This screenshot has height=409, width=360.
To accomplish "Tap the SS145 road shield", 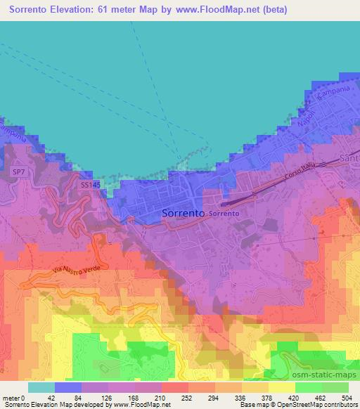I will click(x=89, y=185).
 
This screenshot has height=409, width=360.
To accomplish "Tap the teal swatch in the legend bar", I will click(x=41, y=387).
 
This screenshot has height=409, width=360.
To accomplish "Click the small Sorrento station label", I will click(x=225, y=212).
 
